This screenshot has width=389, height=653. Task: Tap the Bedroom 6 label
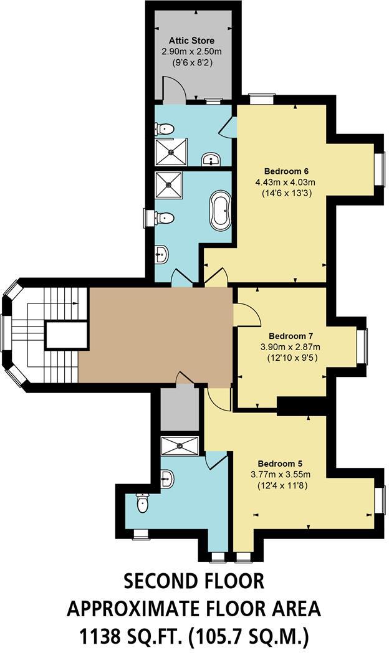pos(287,171)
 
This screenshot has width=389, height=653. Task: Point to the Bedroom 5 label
pos(281,464)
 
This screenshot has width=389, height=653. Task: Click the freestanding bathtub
pos(221,211)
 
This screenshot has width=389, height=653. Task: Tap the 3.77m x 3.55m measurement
pos(281,474)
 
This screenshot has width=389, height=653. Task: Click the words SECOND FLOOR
pos(194,581)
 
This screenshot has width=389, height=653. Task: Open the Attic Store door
pos(174,89)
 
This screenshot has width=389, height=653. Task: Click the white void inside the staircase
pos(65,335)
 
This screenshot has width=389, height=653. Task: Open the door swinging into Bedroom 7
pos(247,314)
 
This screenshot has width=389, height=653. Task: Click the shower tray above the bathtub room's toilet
pos(169,183)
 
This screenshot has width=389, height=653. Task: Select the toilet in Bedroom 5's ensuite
pos(143,503)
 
